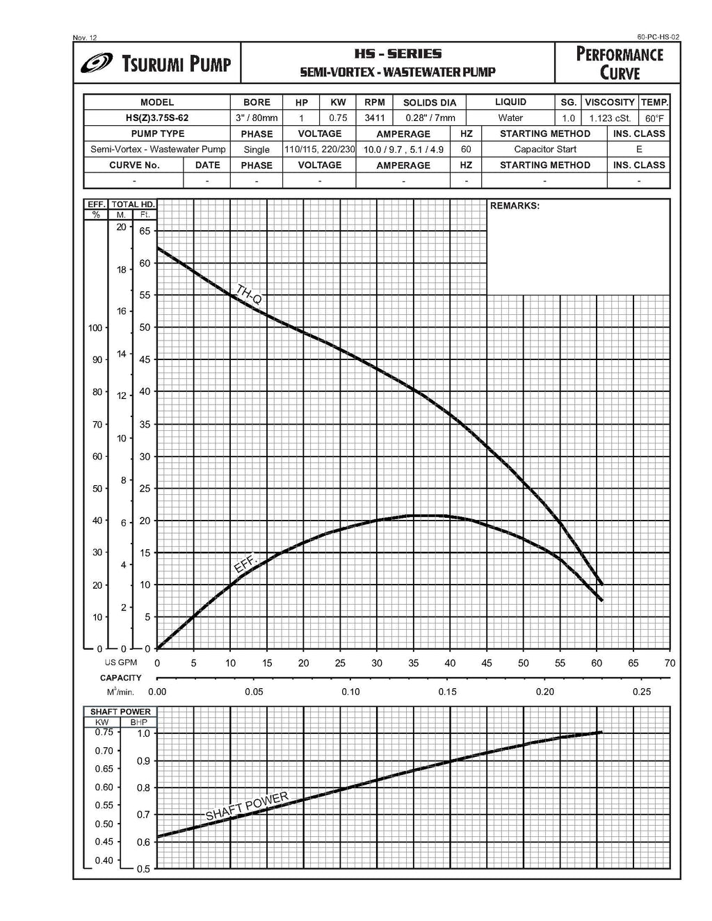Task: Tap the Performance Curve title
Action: pyautogui.click(x=620, y=63)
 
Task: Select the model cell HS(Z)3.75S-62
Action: pyautogui.click(x=157, y=118)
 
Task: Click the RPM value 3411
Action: pyautogui.click(x=375, y=118)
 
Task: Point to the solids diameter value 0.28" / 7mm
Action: pyautogui.click(x=430, y=118)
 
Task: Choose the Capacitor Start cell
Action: pyautogui.click(x=545, y=149)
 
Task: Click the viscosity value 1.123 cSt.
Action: pyautogui.click(x=610, y=118)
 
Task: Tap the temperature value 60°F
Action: pyautogui.click(x=654, y=119)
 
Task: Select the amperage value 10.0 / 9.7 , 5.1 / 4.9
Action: pyautogui.click(x=403, y=149)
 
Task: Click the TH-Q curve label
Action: pyautogui.click(x=248, y=295)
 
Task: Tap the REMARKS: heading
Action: pyautogui.click(x=515, y=206)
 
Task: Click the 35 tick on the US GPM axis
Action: pyautogui.click(x=413, y=663)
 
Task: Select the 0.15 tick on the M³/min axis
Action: pyautogui.click(x=448, y=692)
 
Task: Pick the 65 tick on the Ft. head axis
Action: pyautogui.click(x=145, y=231)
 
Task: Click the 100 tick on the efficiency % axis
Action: pyautogui.click(x=95, y=327)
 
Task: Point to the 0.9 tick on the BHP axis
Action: pyautogui.click(x=143, y=760)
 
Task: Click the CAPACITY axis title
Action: pyautogui.click(x=120, y=678)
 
